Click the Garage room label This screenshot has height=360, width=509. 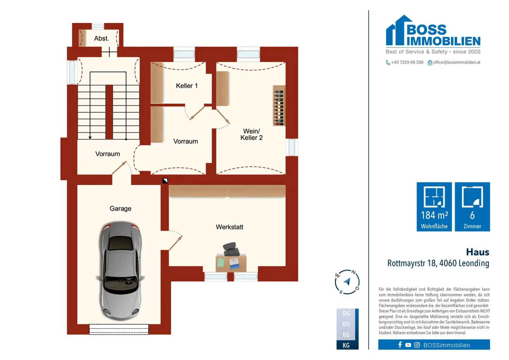pos(121,209)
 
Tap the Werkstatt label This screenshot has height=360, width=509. pos(229,227)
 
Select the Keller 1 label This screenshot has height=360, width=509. pos(187,86)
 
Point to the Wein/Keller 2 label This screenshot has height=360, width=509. pos(252,134)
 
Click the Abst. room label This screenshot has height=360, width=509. pos(101,39)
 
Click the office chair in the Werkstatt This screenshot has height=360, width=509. pos(231,249)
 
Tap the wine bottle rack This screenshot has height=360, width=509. pos(279,105)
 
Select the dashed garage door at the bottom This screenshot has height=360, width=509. pos(119,329)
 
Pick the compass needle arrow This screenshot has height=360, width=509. pos(347,281)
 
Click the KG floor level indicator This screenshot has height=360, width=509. pos(346,346)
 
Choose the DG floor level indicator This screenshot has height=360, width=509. pos(346,313)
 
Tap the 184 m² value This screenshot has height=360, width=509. pos(434,215)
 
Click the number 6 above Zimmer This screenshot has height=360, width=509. pos(472,215)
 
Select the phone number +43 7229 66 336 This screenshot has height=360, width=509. pos(407,62)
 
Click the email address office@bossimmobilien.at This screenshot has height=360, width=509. pos(457,62)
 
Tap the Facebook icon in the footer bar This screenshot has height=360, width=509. pos(400,345)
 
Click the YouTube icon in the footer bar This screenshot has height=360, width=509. pos(408,345)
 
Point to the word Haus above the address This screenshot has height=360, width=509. pos(478,252)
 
